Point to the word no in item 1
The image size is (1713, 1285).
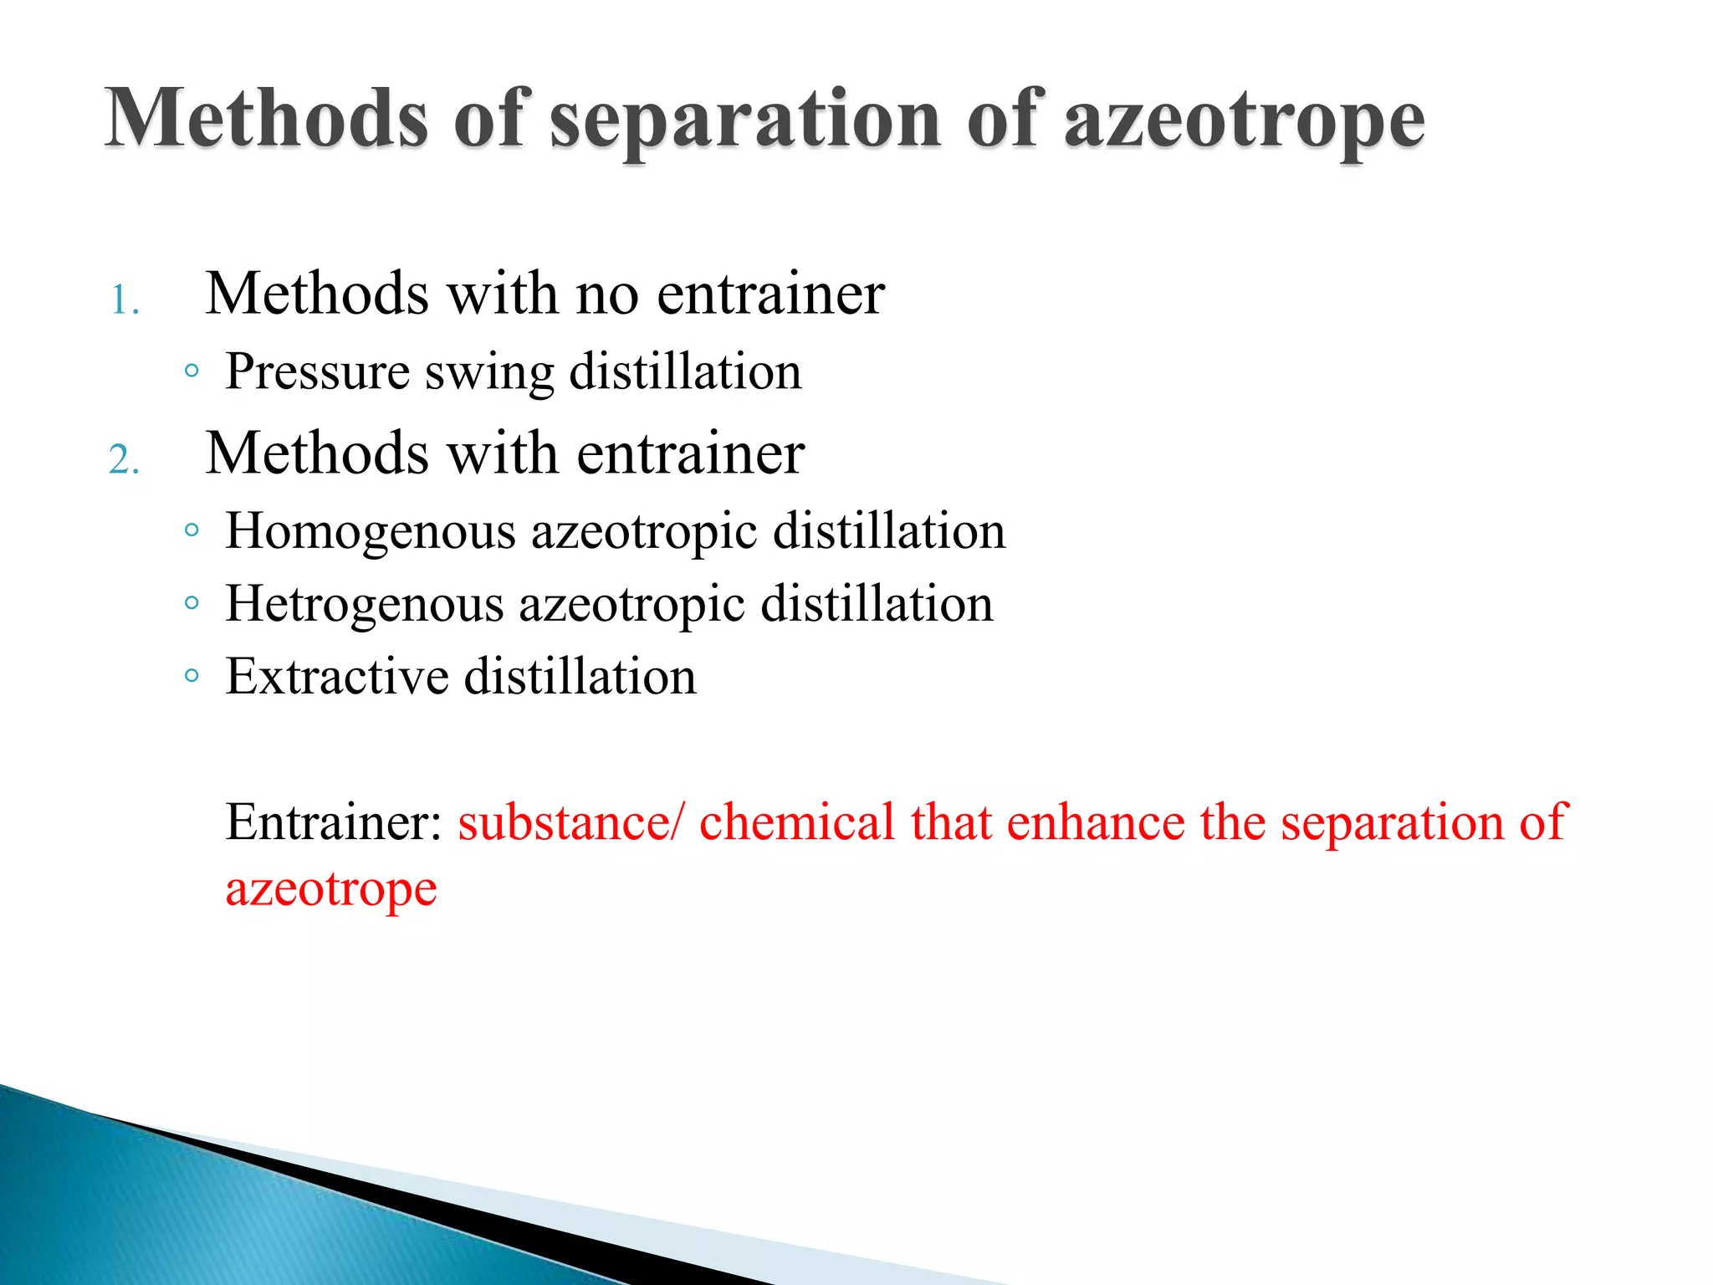(607, 294)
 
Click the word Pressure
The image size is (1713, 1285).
(318, 372)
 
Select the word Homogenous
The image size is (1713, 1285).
(371, 532)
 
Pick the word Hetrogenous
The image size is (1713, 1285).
(365, 605)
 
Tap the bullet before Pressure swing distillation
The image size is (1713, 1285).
(192, 371)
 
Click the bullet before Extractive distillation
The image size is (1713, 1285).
(192, 675)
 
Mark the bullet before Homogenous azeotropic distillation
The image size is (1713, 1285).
(192, 530)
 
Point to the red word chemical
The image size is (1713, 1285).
(797, 822)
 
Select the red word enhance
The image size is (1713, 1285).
(1096, 822)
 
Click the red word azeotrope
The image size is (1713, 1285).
(331, 889)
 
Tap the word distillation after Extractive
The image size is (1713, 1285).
(580, 677)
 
